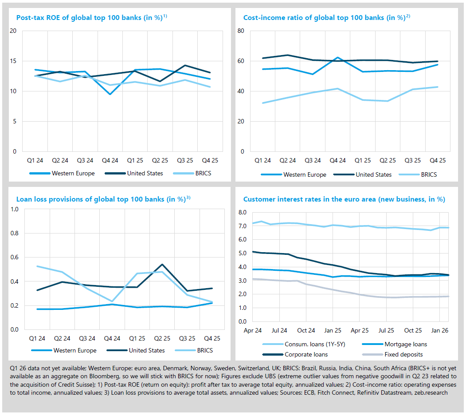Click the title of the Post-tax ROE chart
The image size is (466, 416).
91,18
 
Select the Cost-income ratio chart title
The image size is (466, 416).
327,18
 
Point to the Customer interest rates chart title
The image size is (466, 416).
344,199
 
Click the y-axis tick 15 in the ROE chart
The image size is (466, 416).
13,61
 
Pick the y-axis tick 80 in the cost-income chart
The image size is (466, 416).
241,31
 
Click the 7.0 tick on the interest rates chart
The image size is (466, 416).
242,226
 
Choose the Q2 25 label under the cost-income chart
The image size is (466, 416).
387,161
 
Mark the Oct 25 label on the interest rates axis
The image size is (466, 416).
413,331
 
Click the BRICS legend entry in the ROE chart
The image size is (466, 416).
202,173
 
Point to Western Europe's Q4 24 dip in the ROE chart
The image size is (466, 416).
110,94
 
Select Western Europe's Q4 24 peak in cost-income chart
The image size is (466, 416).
338,58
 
